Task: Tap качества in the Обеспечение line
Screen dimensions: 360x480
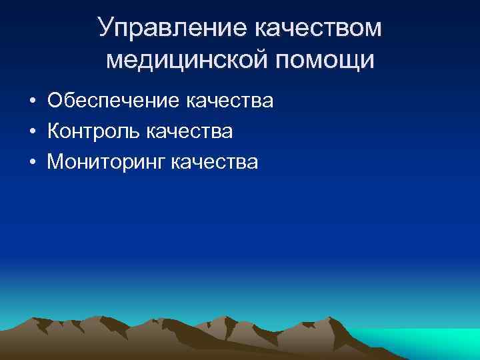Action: pyautogui.click(x=230, y=101)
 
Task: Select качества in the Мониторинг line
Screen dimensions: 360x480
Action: pyautogui.click(x=214, y=161)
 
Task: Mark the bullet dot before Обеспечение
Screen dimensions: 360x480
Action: pyautogui.click(x=32, y=101)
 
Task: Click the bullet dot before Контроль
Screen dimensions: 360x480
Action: pyautogui.click(x=32, y=131)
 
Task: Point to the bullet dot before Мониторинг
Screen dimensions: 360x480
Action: pyautogui.click(x=32, y=162)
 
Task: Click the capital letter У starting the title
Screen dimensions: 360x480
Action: pyautogui.click(x=105, y=27)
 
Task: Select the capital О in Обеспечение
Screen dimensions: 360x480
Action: pyautogui.click(x=55, y=101)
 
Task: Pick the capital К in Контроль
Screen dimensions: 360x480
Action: pyautogui.click(x=54, y=131)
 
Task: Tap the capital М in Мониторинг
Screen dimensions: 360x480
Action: pyautogui.click(x=56, y=161)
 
